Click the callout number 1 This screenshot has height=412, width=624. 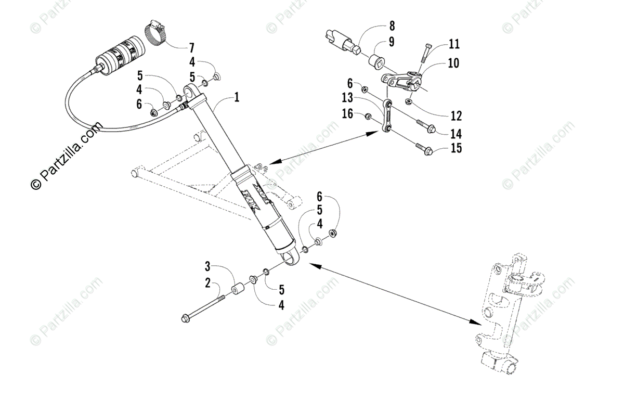point(237,97)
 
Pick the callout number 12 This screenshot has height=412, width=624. point(456,115)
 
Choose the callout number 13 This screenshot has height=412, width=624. point(347,98)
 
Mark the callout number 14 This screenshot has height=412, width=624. point(456,133)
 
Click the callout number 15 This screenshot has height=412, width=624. point(456,149)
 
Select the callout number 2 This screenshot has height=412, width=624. point(207,284)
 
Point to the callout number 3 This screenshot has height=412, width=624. point(207,267)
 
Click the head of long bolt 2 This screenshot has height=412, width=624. point(185,318)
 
